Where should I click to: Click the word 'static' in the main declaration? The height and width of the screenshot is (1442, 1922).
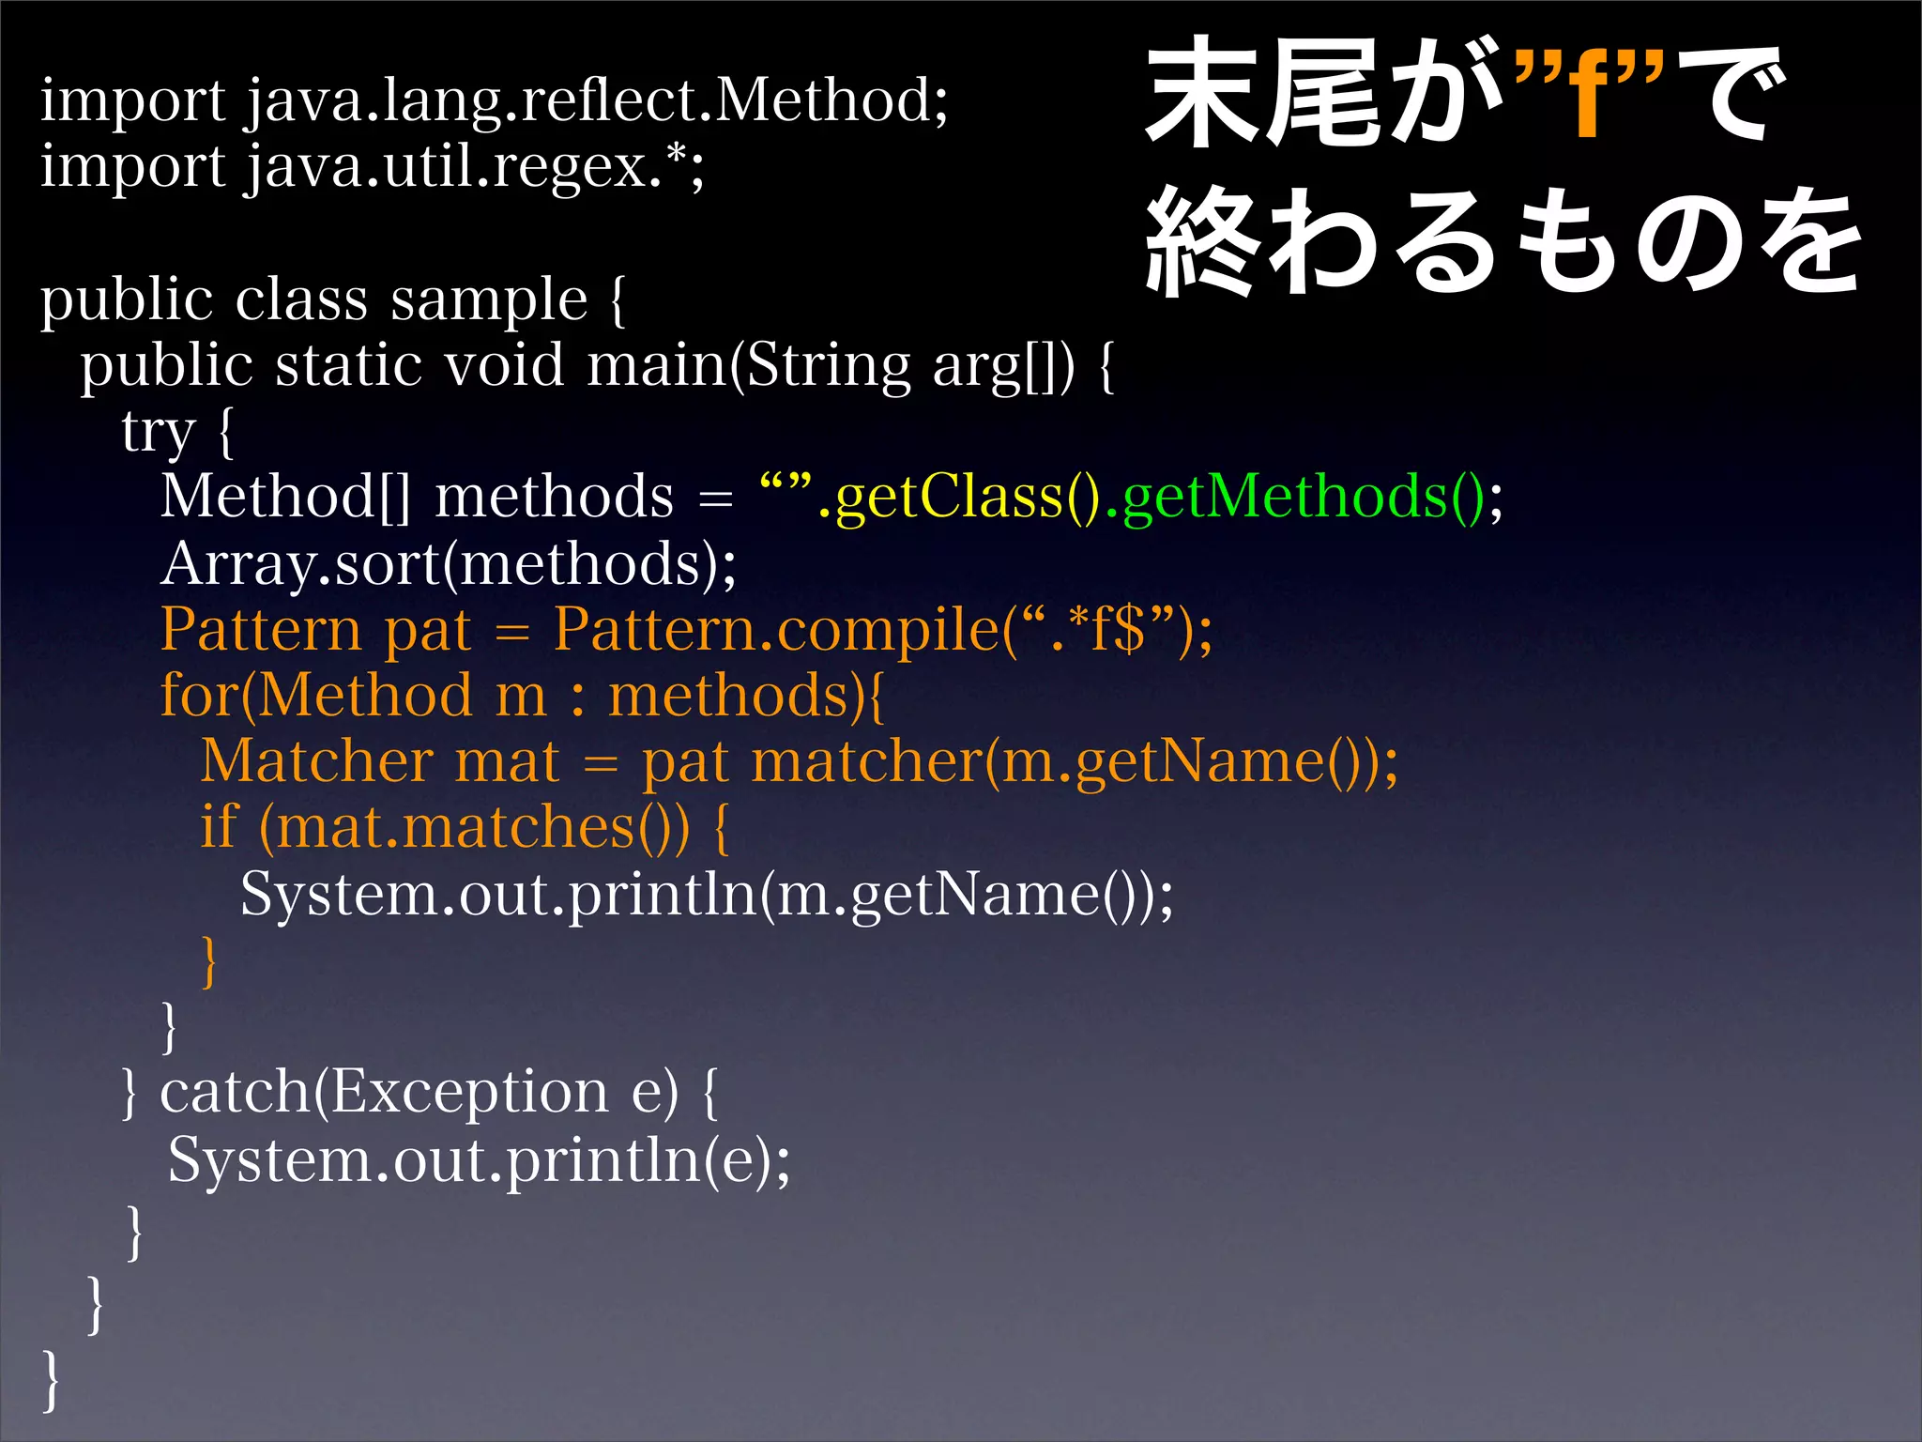347,366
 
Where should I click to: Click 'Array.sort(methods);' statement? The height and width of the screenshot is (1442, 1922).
449,565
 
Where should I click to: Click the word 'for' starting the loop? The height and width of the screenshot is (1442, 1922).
198,696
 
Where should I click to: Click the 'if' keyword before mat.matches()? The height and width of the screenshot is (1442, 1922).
219,828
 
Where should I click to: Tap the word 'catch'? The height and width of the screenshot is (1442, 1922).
235,1093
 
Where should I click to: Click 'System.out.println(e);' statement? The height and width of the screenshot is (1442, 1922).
479,1161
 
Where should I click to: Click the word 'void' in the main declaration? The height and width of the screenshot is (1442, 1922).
504,366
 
